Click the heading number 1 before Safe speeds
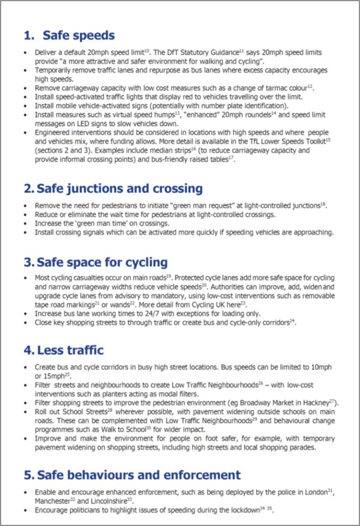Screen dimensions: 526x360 pyautogui.click(x=28, y=35)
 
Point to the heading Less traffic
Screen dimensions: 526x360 pyautogui.click(x=70, y=350)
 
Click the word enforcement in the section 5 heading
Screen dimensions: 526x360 pyautogui.click(x=202, y=474)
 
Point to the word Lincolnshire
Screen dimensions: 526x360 pyautogui.click(x=105, y=501)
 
